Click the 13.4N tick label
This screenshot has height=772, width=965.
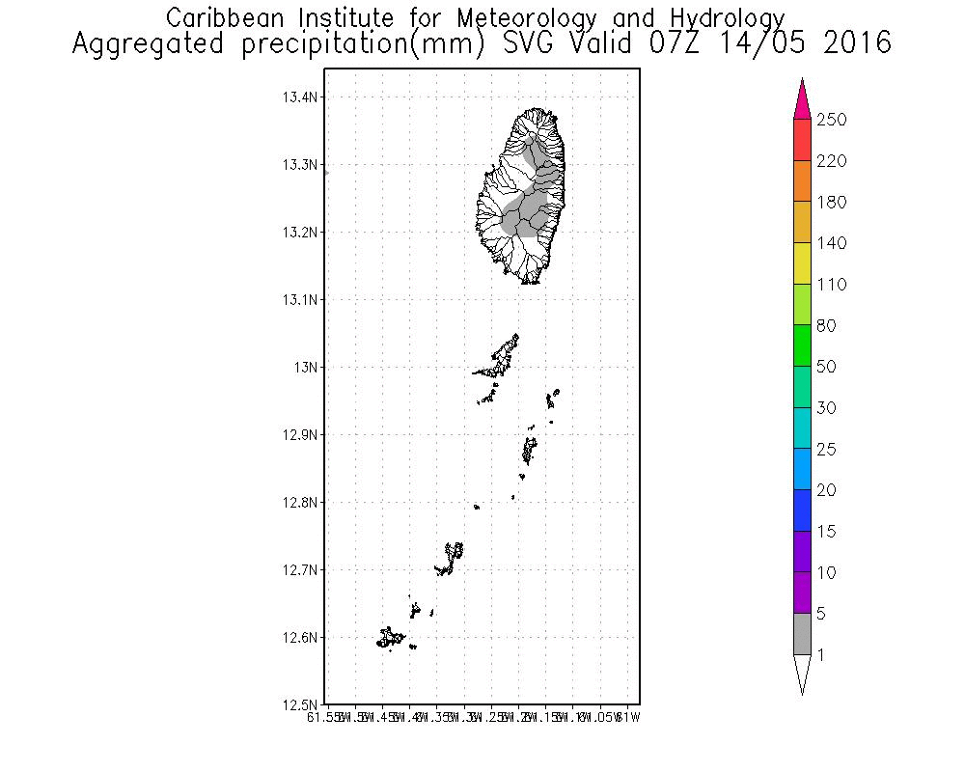point(301,97)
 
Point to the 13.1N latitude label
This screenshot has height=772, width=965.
point(301,300)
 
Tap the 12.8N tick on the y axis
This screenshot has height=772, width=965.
point(301,503)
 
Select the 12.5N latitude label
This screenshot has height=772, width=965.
point(301,704)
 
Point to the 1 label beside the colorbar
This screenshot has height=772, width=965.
point(820,655)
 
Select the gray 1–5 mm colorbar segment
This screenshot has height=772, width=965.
point(802,634)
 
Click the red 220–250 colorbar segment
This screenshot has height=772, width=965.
point(802,140)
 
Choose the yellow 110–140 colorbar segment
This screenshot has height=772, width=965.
point(802,263)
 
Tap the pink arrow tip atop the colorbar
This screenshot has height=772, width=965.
point(802,99)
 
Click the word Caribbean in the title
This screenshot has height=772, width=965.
point(222,18)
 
